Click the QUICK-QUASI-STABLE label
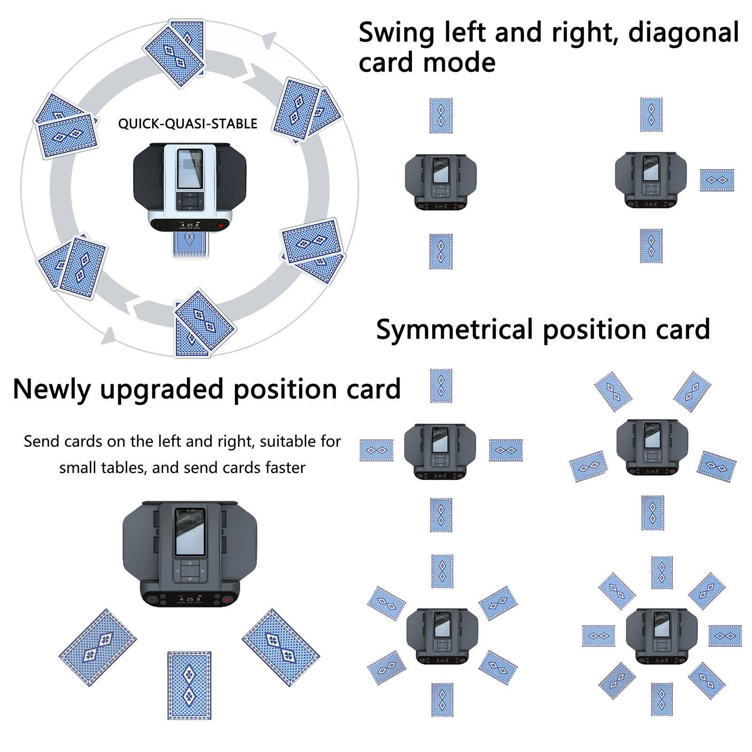point(187,124)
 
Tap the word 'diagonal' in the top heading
point(683,33)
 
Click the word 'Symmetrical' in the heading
point(455,329)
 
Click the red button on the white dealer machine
point(220,225)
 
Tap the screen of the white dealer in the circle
point(190,168)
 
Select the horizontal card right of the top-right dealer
point(716,180)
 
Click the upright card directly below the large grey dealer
point(189,685)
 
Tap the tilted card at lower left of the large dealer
point(98,648)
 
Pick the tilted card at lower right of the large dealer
point(280,648)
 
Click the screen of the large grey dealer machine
point(190,531)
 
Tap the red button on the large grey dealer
point(227,600)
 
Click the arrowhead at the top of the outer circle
point(268,41)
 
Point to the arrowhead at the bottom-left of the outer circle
point(109,335)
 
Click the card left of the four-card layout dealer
point(376,450)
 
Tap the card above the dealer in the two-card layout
point(441,116)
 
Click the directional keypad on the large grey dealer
point(190,571)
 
